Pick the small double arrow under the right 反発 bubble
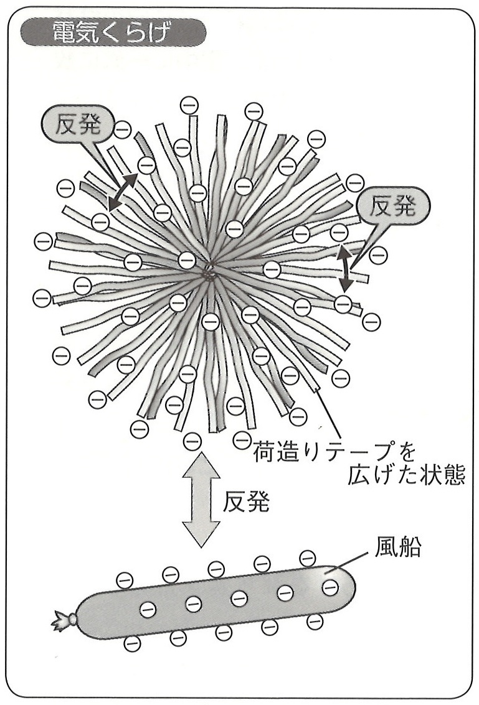pyautogui.click(x=344, y=268)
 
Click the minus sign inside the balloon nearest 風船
pyautogui.click(x=330, y=586)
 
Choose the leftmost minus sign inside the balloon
pyautogui.click(x=148, y=609)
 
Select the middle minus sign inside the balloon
pyautogui.click(x=239, y=599)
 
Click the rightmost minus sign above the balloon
pyautogui.click(x=308, y=558)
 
